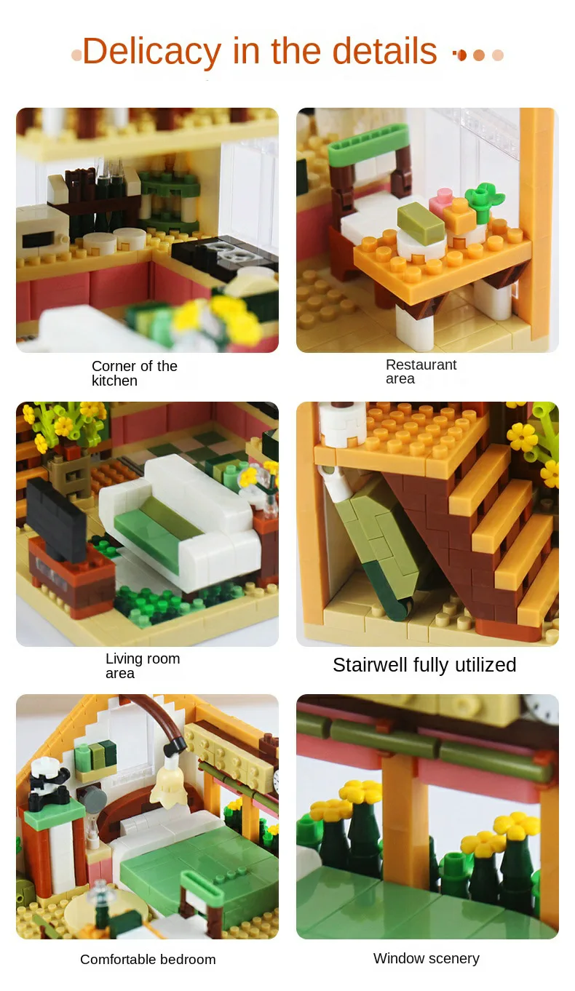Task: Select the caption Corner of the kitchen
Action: pos(134,373)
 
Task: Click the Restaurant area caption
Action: pos(421,371)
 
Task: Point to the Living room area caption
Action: pos(143,665)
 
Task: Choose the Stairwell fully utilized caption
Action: pos(424,664)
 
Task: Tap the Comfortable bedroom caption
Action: pos(148,959)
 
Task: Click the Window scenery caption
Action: pos(427,958)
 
